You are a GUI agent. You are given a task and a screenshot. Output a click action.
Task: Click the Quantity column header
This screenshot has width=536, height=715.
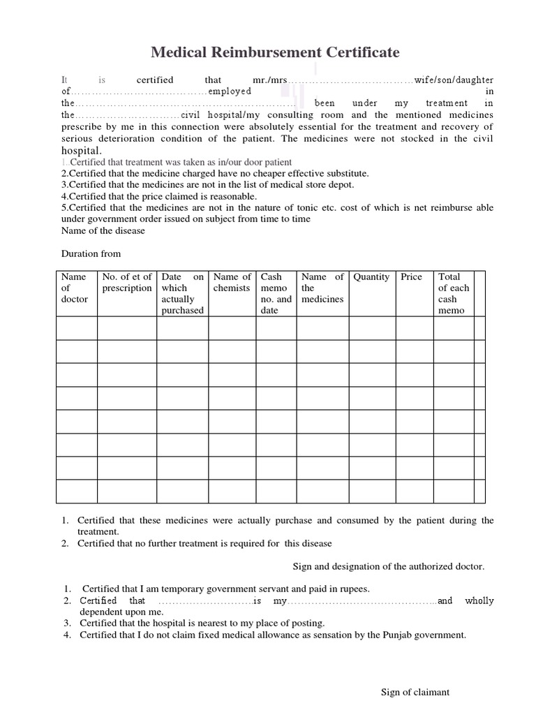coord(371,277)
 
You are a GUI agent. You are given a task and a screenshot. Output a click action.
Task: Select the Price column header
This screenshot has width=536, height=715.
coord(411,277)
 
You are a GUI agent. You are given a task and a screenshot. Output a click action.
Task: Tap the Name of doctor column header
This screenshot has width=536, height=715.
coord(74,288)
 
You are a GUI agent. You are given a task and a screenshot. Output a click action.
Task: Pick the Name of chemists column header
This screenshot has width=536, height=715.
coord(232,283)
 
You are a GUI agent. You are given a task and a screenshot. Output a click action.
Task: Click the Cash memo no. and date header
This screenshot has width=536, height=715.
coord(276,293)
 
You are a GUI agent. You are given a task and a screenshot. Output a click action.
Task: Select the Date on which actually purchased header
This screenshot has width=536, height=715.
coord(182,293)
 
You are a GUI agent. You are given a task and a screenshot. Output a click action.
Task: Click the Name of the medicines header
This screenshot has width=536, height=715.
coord(322,288)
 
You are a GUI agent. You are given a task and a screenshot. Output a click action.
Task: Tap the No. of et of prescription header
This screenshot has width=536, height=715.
coord(126,283)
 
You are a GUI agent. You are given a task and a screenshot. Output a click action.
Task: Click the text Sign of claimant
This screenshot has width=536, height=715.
coord(415,692)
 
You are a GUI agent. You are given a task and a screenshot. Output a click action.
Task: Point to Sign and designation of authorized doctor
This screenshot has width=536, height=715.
coord(387,566)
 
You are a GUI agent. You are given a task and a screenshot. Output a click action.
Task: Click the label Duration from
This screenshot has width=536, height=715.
coord(91,253)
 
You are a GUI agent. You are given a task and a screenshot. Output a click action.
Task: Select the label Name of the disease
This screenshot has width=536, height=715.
coord(103,230)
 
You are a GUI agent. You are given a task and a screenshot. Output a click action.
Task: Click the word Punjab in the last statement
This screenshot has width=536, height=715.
coord(396,635)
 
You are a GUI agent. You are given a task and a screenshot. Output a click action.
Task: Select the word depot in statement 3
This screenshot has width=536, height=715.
coord(341,184)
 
